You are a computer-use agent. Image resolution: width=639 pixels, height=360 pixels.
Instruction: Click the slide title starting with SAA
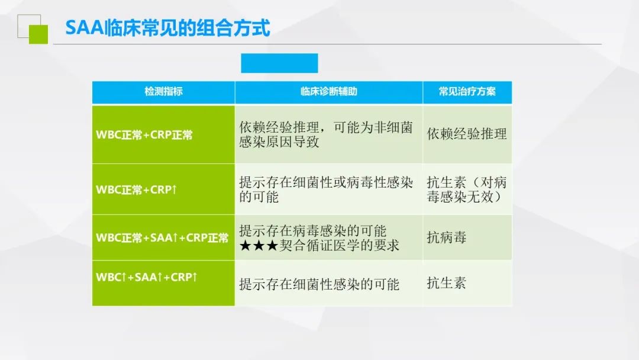(167, 28)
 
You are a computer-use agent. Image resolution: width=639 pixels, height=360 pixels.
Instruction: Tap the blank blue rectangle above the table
(279, 63)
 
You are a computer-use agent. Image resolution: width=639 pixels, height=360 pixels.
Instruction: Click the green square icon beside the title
(38, 34)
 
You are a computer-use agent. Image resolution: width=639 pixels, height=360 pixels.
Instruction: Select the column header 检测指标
(163, 91)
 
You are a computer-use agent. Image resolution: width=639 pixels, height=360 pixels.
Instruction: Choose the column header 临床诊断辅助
(329, 91)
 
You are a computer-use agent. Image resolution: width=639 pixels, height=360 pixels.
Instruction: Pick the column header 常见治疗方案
(467, 91)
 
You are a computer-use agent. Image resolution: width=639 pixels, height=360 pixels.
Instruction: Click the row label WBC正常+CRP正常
(144, 135)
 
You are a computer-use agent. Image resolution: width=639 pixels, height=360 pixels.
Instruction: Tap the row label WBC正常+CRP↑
(136, 189)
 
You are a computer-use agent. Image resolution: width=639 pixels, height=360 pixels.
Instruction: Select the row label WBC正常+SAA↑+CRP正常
(162, 237)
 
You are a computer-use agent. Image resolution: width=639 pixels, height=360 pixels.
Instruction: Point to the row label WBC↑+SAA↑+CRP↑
(146, 277)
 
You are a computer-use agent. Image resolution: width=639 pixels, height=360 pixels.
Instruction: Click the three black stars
(259, 246)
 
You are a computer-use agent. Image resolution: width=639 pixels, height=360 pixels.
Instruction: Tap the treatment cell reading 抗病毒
(447, 237)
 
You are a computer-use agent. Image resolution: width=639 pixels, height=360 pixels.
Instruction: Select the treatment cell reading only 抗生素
(447, 283)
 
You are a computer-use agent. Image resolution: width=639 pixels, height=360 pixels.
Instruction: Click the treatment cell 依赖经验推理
(467, 134)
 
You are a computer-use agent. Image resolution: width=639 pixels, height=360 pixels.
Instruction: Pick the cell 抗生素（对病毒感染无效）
(467, 189)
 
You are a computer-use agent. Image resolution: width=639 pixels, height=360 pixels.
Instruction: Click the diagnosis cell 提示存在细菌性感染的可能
(319, 284)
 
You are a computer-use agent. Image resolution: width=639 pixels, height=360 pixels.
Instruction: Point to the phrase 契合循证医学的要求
(340, 246)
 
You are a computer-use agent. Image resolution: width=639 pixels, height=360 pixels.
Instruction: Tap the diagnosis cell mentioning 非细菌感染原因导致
(326, 134)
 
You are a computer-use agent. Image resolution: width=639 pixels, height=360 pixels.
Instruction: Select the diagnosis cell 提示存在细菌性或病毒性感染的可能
(326, 189)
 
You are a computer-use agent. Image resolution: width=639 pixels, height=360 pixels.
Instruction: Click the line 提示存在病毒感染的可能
(313, 231)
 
